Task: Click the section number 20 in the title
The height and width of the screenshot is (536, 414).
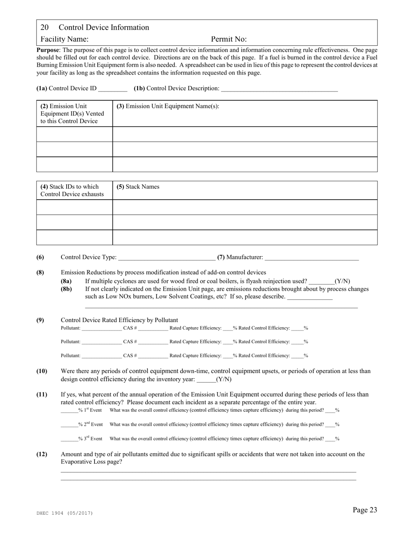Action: (x=44, y=27)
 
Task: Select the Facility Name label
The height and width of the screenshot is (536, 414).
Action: (x=64, y=39)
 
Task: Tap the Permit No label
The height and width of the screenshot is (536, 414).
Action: (x=229, y=39)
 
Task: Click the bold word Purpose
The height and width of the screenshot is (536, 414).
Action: (x=48, y=50)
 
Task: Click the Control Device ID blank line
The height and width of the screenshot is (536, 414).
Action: (x=112, y=89)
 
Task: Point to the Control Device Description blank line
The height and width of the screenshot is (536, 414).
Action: (x=279, y=89)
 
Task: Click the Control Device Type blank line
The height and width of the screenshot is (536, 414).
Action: (x=166, y=258)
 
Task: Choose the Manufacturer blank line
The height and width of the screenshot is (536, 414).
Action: (x=311, y=258)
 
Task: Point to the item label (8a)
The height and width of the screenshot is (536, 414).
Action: (x=66, y=281)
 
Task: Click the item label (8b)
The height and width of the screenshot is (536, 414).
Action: (x=66, y=289)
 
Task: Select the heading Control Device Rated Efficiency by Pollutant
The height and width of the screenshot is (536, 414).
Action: (x=119, y=320)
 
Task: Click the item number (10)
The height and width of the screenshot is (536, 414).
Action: (x=42, y=371)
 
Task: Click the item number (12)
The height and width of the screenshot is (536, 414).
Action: (x=42, y=454)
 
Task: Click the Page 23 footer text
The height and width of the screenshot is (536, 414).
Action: (x=365, y=510)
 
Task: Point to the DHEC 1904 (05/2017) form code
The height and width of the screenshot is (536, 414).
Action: (x=64, y=513)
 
